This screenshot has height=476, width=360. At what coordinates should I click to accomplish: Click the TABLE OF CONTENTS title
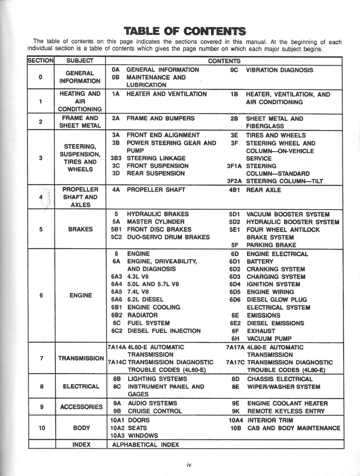pos(185,31)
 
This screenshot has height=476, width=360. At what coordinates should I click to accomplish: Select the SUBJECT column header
pos(80,61)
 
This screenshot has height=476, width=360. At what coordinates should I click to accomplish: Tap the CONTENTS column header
pos(224,61)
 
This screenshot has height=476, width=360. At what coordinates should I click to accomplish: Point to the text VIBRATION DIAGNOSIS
pos(279,70)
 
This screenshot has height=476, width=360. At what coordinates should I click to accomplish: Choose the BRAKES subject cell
pos(80,229)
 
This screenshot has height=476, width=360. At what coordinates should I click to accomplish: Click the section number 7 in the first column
pos(41,358)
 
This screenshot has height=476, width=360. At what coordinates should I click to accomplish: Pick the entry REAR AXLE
pos(263,190)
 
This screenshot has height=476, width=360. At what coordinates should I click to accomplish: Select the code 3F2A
pos(234,181)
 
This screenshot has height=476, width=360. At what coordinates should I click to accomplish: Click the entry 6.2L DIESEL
pos(145,300)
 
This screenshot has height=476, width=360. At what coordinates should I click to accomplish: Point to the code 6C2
pos(116,331)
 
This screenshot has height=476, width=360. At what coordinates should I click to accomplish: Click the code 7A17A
pos(235,347)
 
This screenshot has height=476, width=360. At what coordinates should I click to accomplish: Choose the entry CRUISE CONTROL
pos(155,411)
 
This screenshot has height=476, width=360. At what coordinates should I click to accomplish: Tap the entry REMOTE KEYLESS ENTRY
pos(286,411)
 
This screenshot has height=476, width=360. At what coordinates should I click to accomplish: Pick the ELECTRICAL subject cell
pos(80,386)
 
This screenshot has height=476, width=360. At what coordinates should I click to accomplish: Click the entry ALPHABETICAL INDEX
pos(146,444)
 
